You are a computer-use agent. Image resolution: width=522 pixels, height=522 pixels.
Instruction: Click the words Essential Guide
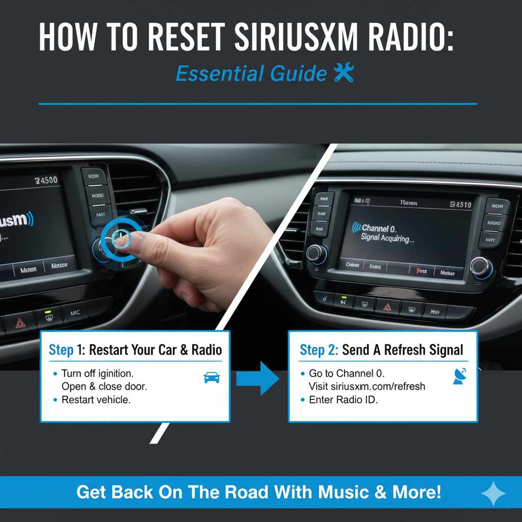tap(251, 74)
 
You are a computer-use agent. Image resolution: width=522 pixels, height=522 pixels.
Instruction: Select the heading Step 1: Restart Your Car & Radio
tap(135, 350)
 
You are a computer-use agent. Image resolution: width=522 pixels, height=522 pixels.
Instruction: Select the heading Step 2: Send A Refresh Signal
tap(381, 350)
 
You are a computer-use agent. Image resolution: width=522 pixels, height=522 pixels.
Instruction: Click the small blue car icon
tap(212, 377)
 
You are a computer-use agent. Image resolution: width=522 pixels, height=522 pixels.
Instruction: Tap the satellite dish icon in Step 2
tap(460, 376)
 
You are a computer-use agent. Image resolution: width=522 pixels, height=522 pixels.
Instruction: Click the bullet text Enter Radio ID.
tap(343, 400)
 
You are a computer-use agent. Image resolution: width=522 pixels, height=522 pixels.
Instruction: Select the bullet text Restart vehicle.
tap(96, 400)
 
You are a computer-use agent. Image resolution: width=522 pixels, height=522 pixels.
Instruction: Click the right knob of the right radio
tap(481, 266)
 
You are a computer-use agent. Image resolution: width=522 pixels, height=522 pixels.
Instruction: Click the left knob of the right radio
tap(316, 253)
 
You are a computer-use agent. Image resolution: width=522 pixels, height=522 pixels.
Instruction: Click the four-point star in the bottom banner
tap(493, 493)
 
